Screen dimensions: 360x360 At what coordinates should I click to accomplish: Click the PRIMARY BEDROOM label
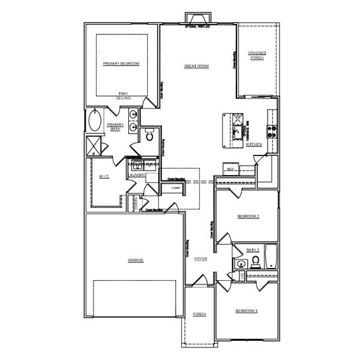[x=121, y=64]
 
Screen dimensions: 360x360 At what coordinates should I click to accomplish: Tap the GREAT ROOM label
[x=196, y=66]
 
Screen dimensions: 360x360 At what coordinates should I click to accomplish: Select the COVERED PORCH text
[x=257, y=56]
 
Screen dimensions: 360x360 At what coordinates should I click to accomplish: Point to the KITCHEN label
[x=254, y=145]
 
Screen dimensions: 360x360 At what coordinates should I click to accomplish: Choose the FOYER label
[x=200, y=259]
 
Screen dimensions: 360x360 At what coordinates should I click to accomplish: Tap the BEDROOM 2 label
[x=248, y=216]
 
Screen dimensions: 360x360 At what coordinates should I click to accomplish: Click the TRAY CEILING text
[x=123, y=95]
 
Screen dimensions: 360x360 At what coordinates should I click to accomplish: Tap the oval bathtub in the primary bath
[x=95, y=122]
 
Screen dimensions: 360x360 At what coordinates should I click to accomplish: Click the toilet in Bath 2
[x=255, y=260]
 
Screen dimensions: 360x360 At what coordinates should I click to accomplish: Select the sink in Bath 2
[x=241, y=262]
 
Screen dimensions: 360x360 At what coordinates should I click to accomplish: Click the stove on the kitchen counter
[x=271, y=131]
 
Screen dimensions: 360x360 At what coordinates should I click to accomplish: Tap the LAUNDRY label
[x=137, y=175]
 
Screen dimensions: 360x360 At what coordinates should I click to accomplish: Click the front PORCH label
[x=200, y=314]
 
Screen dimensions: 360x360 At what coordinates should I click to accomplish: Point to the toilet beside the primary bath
[x=149, y=136]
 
